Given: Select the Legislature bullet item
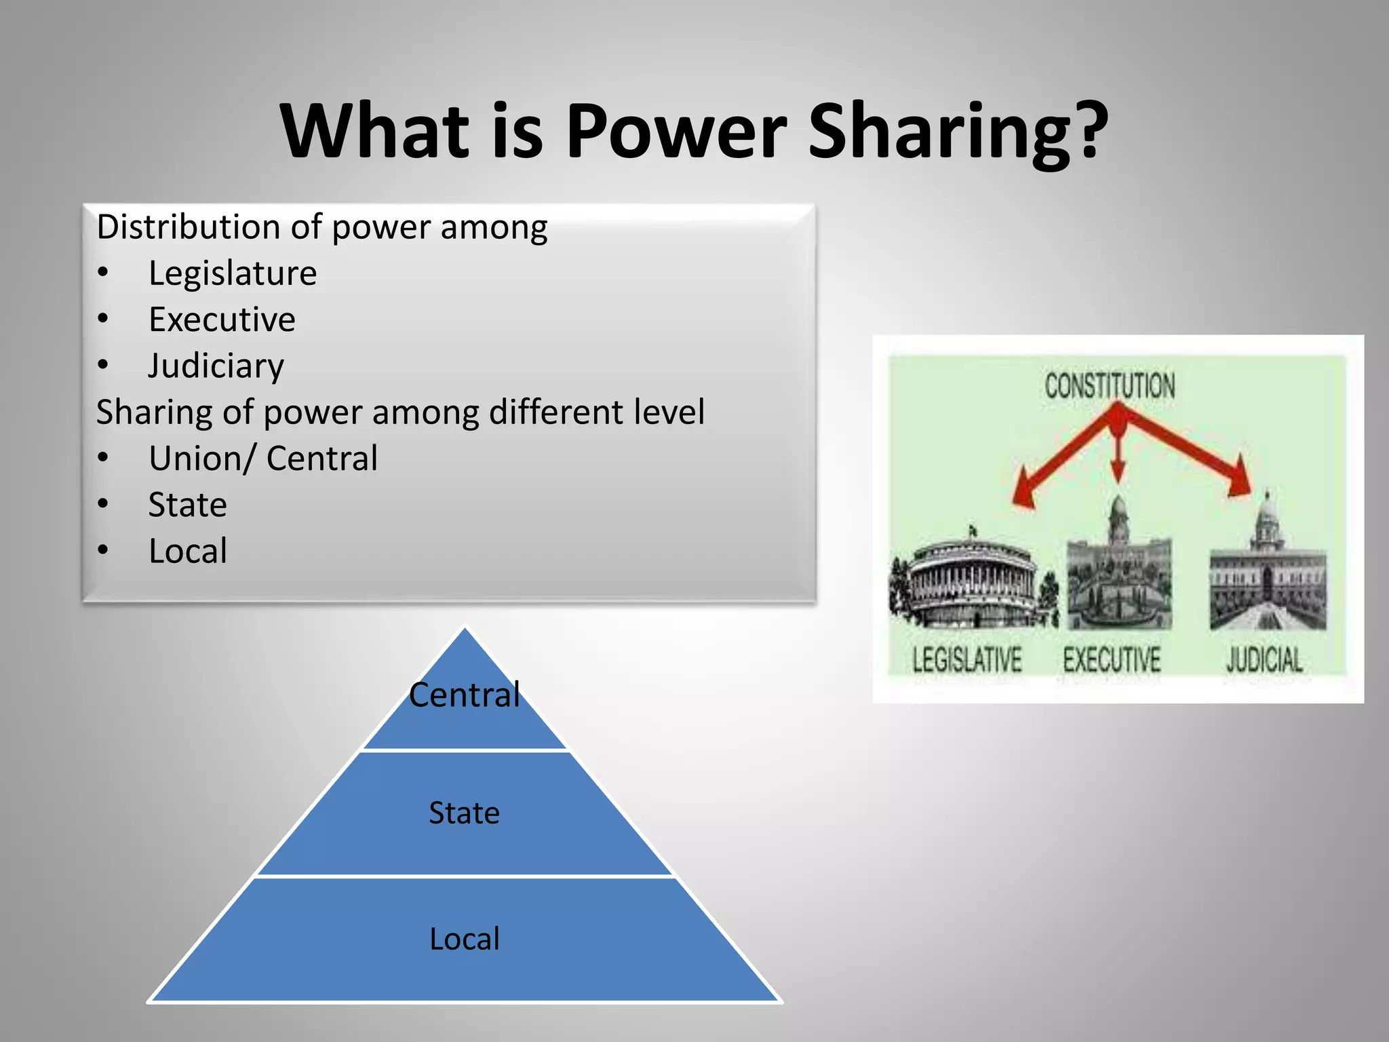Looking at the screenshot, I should (233, 273).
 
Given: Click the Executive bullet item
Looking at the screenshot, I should (222, 320).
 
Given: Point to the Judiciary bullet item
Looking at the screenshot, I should (216, 366).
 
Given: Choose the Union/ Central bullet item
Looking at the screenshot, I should (263, 459).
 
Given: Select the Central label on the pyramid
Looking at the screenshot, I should (465, 695).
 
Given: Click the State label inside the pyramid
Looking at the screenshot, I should (465, 813).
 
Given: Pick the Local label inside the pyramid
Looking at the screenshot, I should (465, 939).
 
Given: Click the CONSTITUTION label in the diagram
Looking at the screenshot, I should (1110, 386).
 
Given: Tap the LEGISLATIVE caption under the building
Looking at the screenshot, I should (966, 660).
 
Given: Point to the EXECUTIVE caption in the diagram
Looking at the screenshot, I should (1112, 660).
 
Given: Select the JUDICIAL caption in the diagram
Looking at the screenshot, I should (1264, 660).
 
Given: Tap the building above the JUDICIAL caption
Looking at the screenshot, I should (1267, 577).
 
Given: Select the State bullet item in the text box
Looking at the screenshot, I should (188, 505).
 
